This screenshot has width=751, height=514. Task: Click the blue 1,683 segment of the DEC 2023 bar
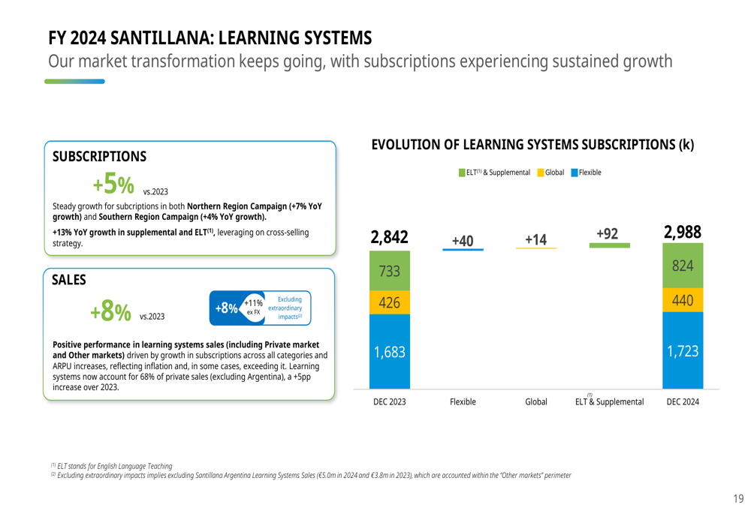pyautogui.click(x=389, y=351)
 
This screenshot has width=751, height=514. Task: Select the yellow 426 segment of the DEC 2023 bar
pyautogui.click(x=389, y=302)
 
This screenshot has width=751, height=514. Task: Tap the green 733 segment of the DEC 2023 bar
pyautogui.click(x=389, y=271)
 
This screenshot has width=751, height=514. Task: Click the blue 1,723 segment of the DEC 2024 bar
pyautogui.click(x=683, y=350)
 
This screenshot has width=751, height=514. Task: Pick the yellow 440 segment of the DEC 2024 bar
pyautogui.click(x=683, y=300)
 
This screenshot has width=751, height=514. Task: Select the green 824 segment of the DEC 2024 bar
pyautogui.click(x=683, y=266)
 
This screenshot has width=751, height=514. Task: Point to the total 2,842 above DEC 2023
pyautogui.click(x=389, y=237)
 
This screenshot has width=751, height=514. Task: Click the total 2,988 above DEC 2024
pyautogui.click(x=683, y=233)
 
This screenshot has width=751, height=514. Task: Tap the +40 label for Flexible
pyautogui.click(x=463, y=239)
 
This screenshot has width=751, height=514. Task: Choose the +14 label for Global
pyautogui.click(x=535, y=239)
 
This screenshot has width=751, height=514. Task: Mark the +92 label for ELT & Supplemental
pyautogui.click(x=608, y=234)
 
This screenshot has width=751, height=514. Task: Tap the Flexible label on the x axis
pyautogui.click(x=463, y=402)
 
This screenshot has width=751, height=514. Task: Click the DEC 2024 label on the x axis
pyautogui.click(x=683, y=402)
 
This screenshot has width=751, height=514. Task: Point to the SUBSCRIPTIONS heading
pyautogui.click(x=99, y=156)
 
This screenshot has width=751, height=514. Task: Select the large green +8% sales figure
pyautogui.click(x=110, y=311)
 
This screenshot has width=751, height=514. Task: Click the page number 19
pyautogui.click(x=738, y=499)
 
